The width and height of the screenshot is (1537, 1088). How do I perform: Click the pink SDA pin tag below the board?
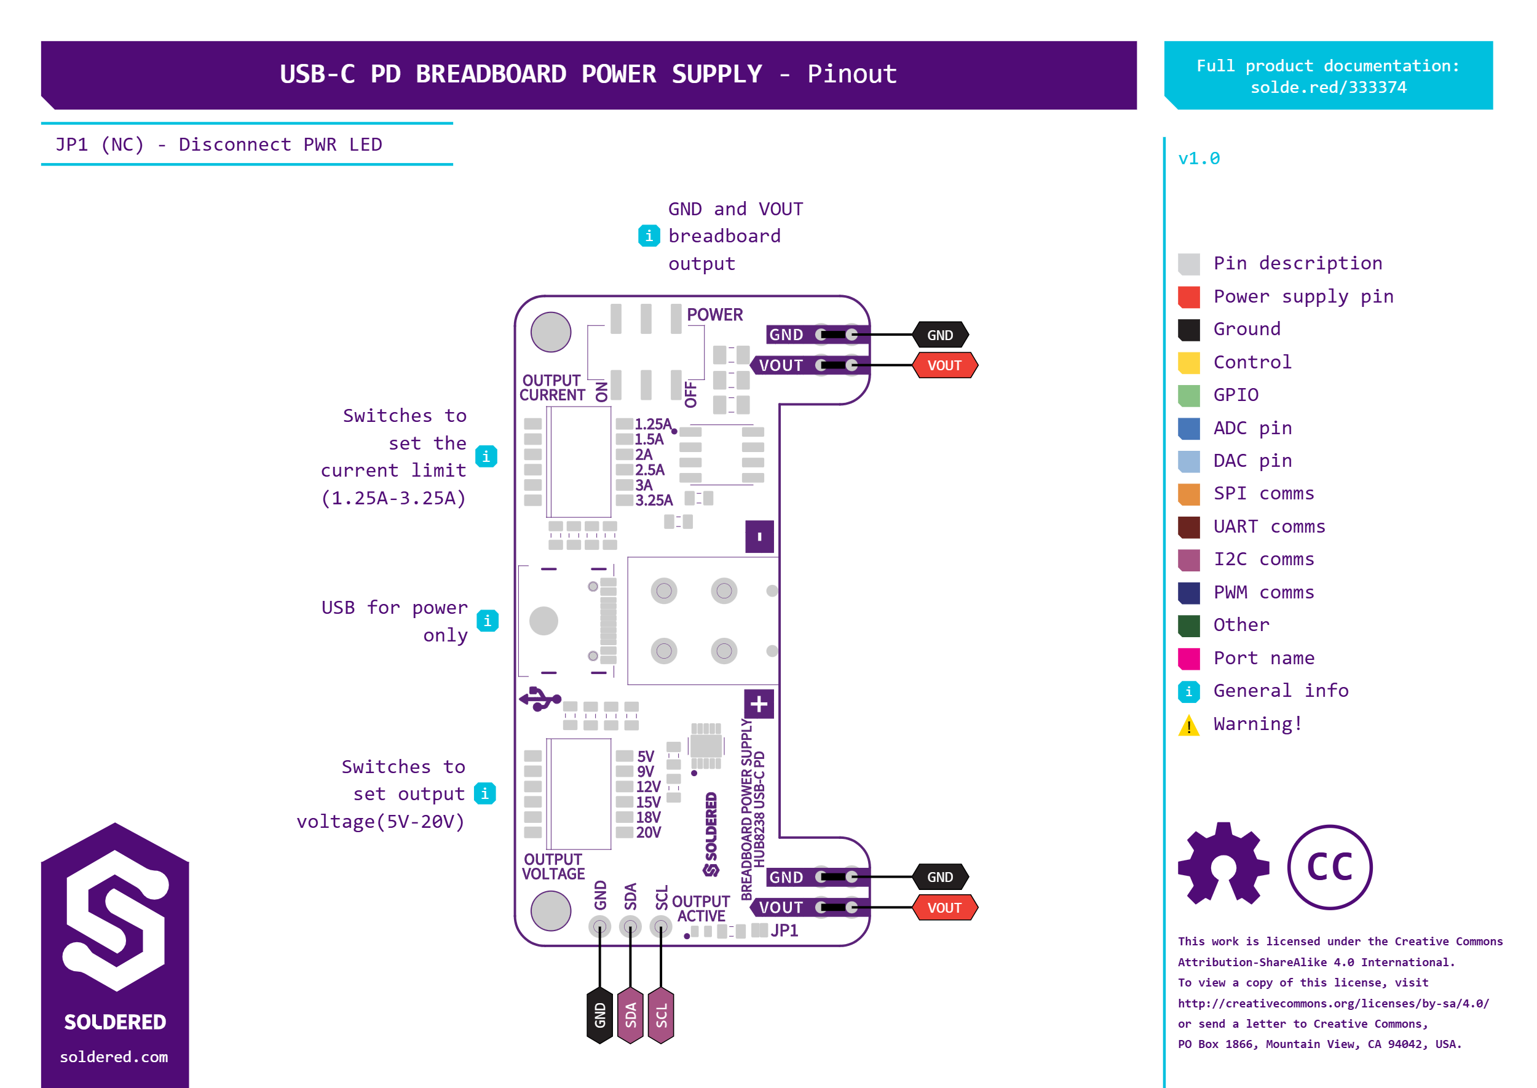[630, 1015]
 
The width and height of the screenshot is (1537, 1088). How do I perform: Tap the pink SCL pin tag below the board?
[661, 1015]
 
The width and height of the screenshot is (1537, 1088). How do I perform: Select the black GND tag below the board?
[599, 1015]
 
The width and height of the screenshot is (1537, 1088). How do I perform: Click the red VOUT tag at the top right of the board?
[944, 365]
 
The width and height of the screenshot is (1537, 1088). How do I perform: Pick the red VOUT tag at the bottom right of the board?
[944, 908]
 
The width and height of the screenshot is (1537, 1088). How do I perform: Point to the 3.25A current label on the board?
[654, 501]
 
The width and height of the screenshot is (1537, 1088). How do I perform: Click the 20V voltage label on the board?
[648, 832]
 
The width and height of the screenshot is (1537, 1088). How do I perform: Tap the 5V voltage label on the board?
[646, 756]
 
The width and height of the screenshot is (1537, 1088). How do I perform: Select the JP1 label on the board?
[784, 931]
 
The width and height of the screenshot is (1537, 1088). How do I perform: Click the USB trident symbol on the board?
[540, 699]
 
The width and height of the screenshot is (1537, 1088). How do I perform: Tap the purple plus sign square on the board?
[759, 704]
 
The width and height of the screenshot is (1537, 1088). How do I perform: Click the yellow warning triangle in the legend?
[1189, 725]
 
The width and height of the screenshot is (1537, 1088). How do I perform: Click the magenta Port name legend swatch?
[1189, 659]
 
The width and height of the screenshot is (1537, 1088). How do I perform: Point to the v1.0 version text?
[1199, 159]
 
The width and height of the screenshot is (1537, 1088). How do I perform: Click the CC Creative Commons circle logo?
[1329, 867]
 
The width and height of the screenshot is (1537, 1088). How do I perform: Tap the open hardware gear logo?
[1223, 864]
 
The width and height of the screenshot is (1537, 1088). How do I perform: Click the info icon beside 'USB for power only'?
[488, 621]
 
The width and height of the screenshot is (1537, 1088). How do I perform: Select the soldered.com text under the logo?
[114, 1057]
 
